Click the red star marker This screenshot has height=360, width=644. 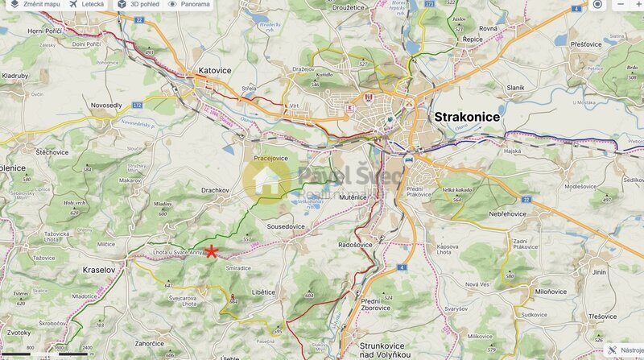pos(211,251)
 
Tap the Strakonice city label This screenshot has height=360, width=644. pos(467,117)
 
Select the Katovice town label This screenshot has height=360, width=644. pos(214,71)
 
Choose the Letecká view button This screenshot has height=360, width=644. pos(87,5)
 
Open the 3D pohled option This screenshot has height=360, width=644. pos(138,5)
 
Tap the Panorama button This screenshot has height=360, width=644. pos(189,5)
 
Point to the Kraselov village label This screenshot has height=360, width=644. pos(100,270)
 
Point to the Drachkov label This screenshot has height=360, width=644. pos(216,190)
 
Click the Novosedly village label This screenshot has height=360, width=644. pos(106,106)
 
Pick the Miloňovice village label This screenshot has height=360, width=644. pos(551,292)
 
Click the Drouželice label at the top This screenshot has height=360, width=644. pos(350,9)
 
